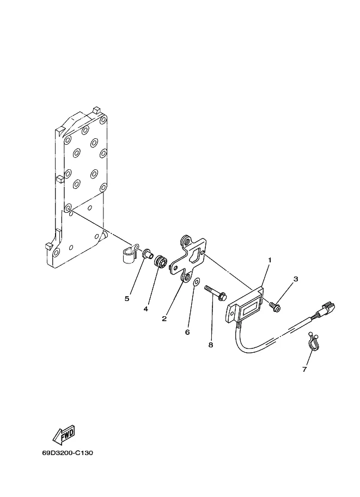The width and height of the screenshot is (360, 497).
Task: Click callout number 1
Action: [270, 260]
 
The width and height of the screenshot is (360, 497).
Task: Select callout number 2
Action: [164, 319]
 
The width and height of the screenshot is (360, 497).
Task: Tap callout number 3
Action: [296, 279]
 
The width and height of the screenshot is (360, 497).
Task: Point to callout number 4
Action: [145, 309]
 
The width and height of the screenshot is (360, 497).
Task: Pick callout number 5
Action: [127, 298]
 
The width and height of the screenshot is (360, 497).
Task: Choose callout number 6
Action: [187, 332]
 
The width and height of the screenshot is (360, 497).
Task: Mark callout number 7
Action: [304, 369]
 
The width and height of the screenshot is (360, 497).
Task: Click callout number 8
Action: [211, 345]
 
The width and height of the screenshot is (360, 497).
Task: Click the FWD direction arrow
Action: [64, 434]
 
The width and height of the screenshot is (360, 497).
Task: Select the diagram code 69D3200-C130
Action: [68, 452]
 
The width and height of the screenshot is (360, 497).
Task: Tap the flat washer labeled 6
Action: [196, 281]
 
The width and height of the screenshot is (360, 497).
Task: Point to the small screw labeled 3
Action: [275, 306]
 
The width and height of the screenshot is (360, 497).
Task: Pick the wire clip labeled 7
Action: [313, 342]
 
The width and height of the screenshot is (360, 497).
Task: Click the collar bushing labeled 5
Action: [148, 254]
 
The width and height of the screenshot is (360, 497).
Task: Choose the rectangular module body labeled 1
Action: [245, 304]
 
